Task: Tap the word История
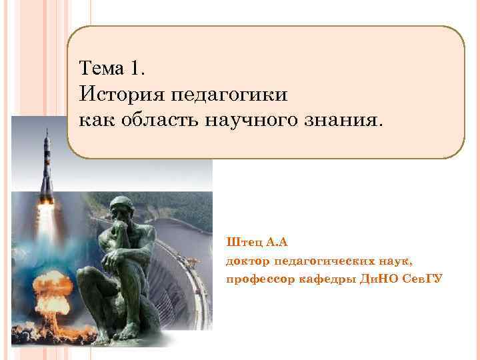tap(121, 95)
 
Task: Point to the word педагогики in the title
tap(230, 95)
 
